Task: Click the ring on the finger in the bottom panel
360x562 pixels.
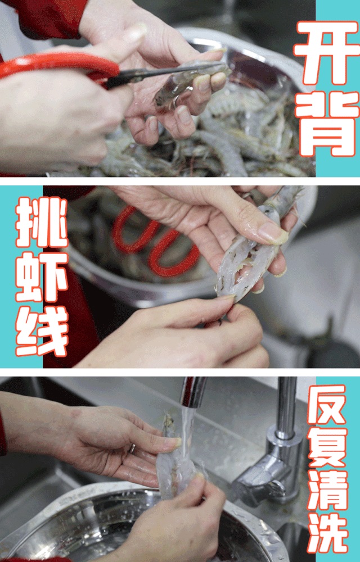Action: coord(133,448)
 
